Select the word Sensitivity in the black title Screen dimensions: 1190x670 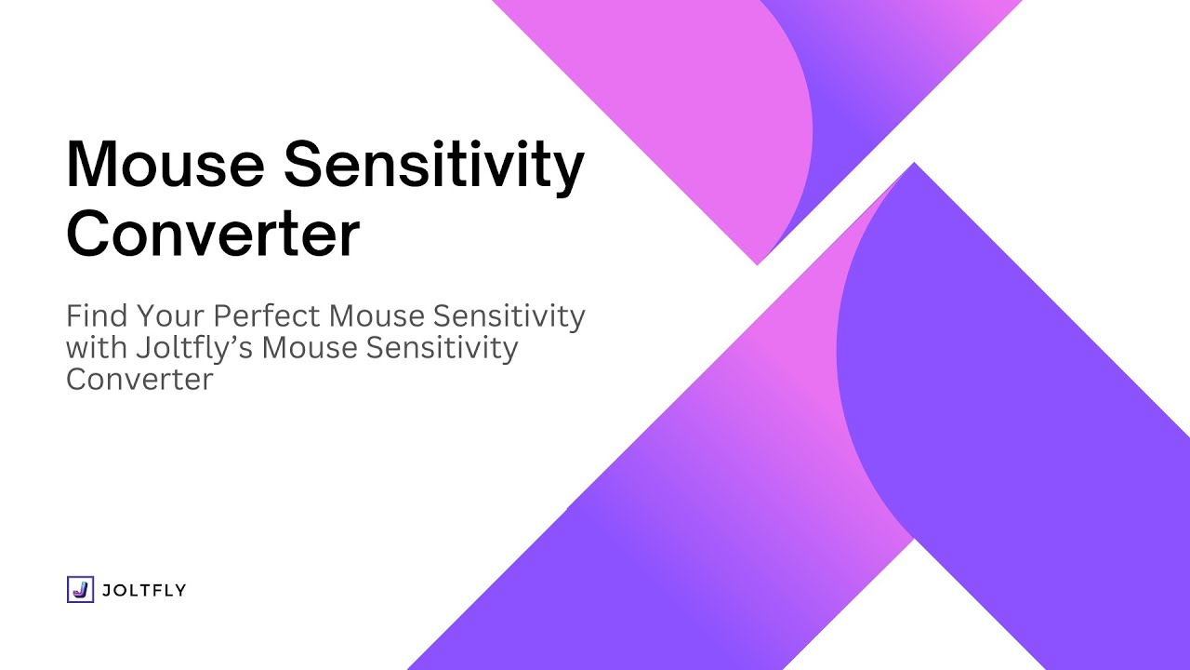(434, 167)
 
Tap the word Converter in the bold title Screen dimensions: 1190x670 (213, 234)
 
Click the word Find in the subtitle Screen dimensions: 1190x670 (97, 315)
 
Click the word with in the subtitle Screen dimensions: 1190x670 (97, 347)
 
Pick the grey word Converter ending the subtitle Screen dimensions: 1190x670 (139, 380)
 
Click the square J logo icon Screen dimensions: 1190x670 (80, 589)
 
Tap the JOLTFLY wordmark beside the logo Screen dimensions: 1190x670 (143, 590)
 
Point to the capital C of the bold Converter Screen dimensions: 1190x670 (88, 234)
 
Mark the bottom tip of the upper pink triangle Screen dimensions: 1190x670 (758, 264)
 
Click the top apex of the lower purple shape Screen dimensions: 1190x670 (914, 163)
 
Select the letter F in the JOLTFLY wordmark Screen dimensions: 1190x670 (153, 590)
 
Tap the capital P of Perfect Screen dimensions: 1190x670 (222, 315)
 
